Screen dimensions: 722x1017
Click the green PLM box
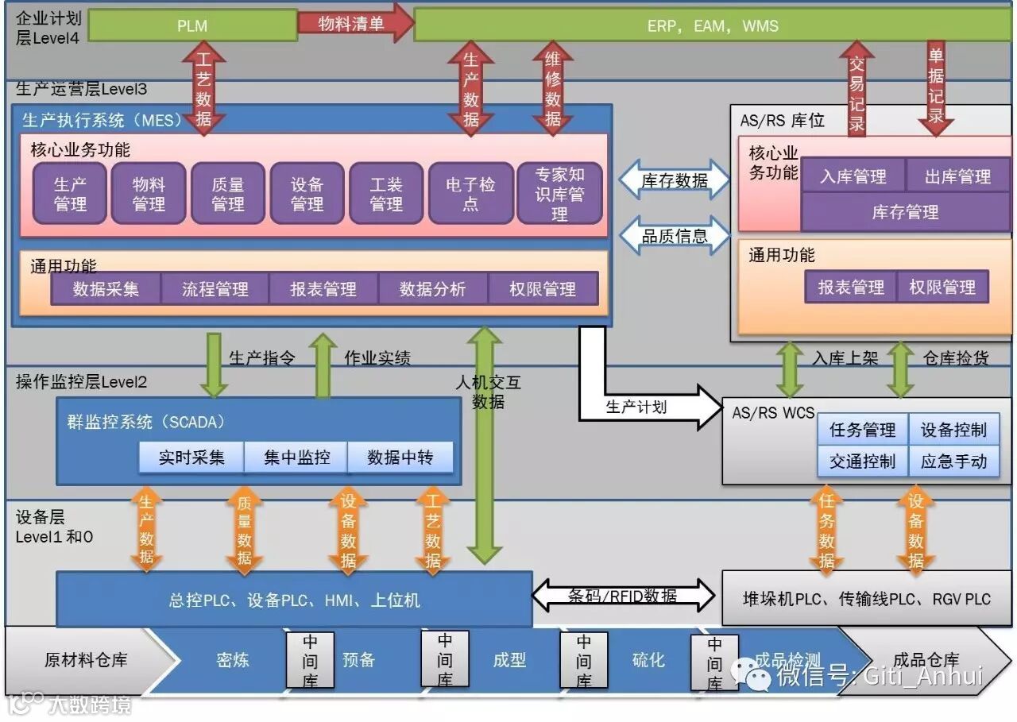(192, 25)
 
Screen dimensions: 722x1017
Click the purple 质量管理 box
(227, 194)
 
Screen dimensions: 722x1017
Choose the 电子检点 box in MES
(470, 194)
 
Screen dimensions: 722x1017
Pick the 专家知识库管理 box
(559, 194)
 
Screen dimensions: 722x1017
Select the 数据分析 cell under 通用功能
(432, 289)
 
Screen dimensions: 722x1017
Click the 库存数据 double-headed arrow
(675, 180)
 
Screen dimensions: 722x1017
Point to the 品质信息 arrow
(675, 236)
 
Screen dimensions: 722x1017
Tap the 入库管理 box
(853, 176)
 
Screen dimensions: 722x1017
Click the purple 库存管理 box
(905, 212)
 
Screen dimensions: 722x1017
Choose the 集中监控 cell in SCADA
(296, 458)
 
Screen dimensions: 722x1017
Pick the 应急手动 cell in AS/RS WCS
(953, 461)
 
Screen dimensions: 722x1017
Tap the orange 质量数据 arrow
(245, 531)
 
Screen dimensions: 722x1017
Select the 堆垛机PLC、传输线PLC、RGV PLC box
(866, 599)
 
